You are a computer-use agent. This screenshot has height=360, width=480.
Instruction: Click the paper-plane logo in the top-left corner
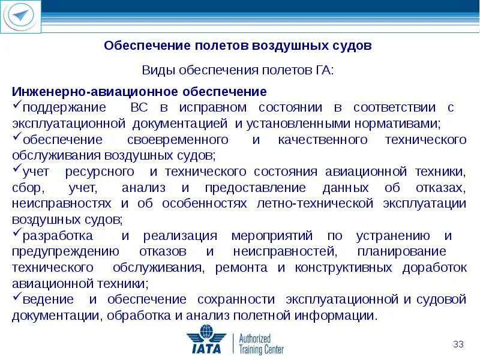click(22, 17)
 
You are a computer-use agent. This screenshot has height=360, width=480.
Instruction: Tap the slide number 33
click(459, 344)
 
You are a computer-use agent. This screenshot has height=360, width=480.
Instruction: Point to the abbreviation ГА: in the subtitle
click(322, 71)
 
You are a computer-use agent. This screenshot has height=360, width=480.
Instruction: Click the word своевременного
click(178, 140)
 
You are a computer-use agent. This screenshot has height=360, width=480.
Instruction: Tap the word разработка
click(59, 235)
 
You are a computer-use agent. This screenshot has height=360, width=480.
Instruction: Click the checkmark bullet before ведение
click(16, 297)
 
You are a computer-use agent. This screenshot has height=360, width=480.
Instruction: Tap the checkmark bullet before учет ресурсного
click(16, 170)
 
